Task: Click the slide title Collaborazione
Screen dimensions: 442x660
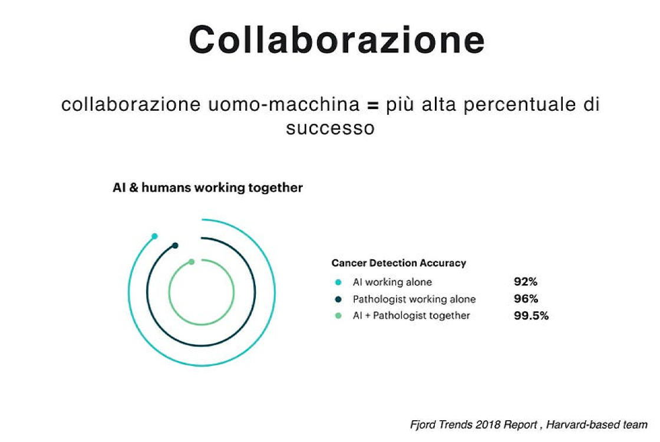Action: pos(336,40)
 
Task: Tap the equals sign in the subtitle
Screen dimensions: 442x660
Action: pos(371,105)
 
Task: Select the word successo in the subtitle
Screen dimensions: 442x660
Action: pos(330,128)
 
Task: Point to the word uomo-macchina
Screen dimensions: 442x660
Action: pos(283,105)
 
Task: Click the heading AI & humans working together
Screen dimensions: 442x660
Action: pos(207,188)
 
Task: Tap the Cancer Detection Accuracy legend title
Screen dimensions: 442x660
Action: pos(398,263)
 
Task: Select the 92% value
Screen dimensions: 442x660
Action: pos(526,282)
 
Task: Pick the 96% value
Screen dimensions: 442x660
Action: pos(526,299)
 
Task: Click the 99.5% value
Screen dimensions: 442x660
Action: pos(531,315)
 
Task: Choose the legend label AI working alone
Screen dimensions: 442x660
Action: pos(392,282)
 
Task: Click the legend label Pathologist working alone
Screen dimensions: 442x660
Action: pos(414,299)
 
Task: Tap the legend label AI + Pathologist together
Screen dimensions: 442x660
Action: pos(411,315)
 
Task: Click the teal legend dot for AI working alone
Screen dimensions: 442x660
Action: pos(338,282)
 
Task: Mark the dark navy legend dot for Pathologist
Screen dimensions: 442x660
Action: pos(338,299)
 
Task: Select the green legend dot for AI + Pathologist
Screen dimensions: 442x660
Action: pos(338,316)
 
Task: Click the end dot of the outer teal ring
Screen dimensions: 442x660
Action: pos(154,236)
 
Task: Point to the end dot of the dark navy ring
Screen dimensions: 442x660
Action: pos(175,246)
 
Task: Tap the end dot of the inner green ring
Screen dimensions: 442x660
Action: pos(192,262)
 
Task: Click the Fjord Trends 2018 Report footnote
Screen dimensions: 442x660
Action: pos(529,424)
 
